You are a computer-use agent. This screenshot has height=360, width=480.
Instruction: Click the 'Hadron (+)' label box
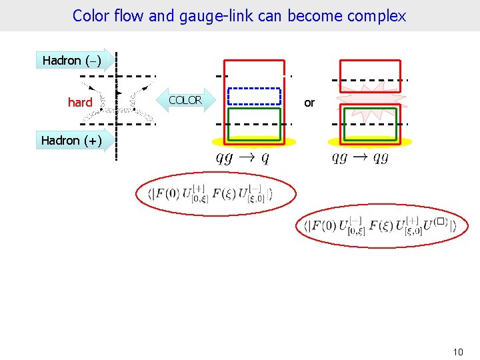[72, 141]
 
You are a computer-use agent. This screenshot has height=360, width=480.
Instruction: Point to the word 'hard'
[80, 103]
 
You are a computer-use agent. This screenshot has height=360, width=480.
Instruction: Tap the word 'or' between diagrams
[309, 103]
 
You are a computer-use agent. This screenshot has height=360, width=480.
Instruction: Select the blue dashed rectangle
[254, 97]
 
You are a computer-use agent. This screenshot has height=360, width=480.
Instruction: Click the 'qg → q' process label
[242, 157]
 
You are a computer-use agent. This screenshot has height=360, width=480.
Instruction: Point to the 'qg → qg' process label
[360, 157]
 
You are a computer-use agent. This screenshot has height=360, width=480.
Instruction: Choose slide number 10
[457, 351]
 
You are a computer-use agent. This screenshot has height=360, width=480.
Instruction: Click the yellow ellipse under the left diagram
[254, 141]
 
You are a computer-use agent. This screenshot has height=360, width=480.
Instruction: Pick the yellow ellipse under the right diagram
[370, 141]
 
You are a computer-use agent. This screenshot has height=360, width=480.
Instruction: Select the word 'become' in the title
[317, 16]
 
